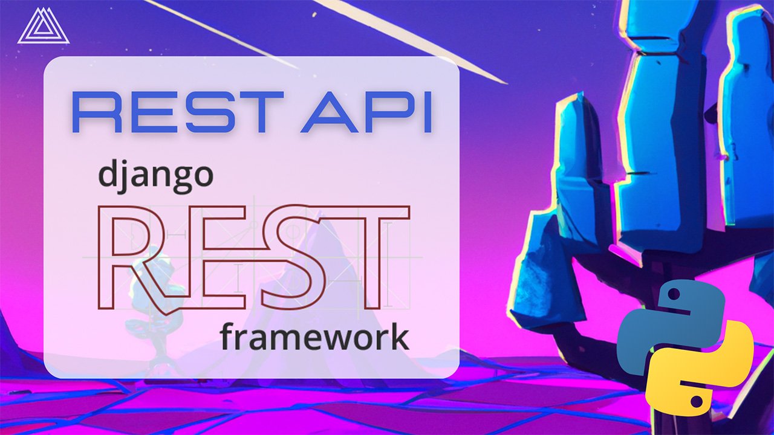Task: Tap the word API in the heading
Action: (366, 112)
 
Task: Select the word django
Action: (155, 175)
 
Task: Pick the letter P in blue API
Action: (390, 112)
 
